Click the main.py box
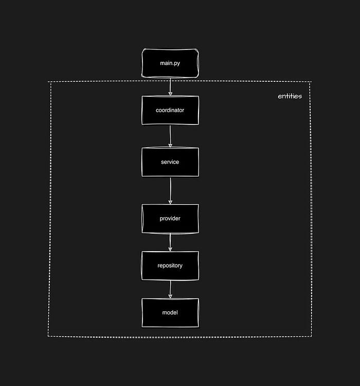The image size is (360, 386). pos(170,63)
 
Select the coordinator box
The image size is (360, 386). pos(170,110)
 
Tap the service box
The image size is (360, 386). pos(170,162)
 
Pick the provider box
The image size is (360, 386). pos(170,219)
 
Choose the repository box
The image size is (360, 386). pos(170,266)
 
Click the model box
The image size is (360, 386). pos(170,312)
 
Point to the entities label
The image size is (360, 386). pos(290,96)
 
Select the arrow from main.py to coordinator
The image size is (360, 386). pos(170,86)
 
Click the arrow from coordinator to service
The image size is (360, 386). pos(170,136)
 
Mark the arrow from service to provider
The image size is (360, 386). pos(170,190)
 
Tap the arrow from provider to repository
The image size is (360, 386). pos(170,242)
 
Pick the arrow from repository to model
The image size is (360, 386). pos(170,289)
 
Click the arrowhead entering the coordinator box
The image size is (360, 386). pos(170,93)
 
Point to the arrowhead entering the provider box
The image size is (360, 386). pos(170,202)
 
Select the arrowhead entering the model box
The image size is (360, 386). pos(170,296)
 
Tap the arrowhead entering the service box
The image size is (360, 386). pos(170,145)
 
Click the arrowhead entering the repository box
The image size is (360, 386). pos(170,249)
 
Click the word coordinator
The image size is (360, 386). pos(170,110)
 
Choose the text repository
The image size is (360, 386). pos(170,266)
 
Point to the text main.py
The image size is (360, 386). pos(170,63)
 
